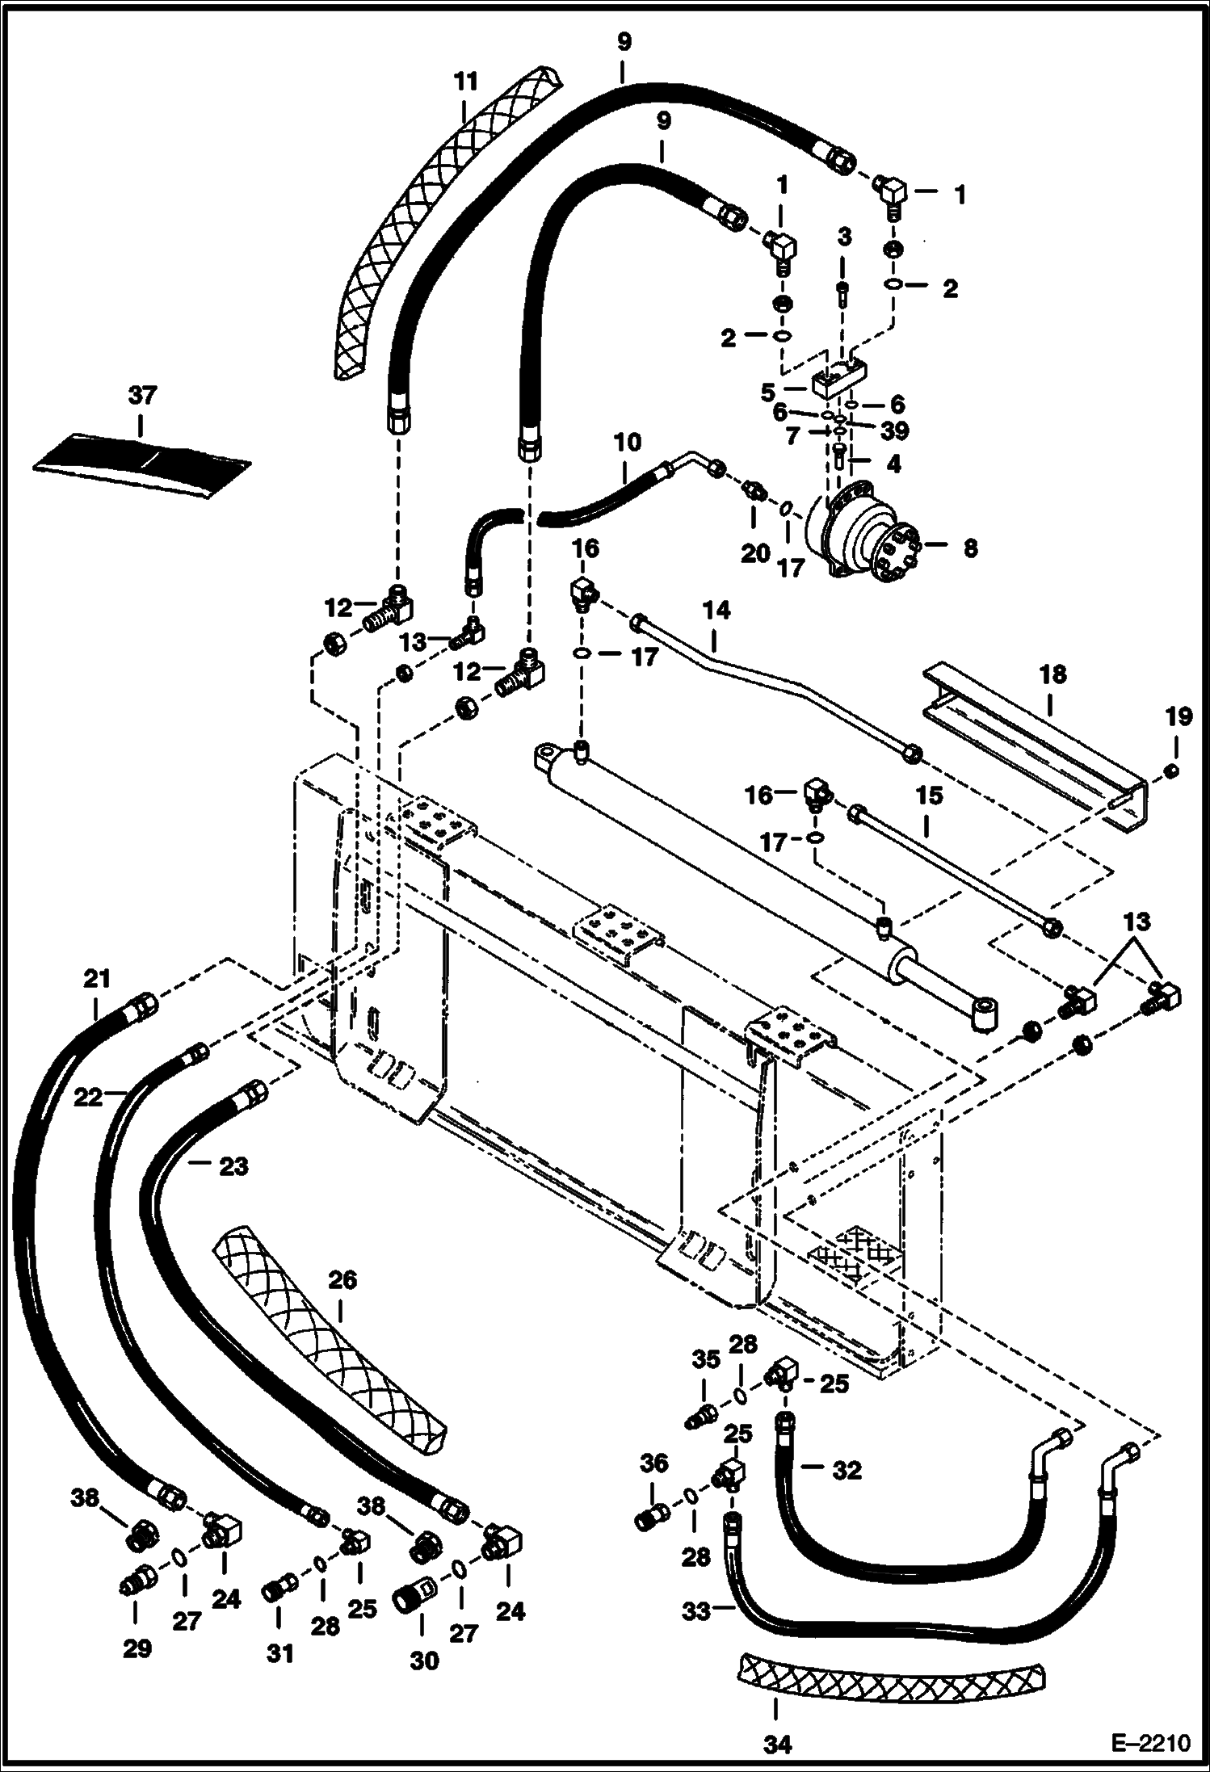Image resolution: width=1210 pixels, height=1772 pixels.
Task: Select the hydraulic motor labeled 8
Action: click(864, 533)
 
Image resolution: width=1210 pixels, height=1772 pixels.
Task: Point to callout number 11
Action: click(466, 82)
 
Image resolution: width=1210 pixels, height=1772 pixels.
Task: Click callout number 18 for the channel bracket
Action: click(1052, 674)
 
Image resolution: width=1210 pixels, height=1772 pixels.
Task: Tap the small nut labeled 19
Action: click(1171, 771)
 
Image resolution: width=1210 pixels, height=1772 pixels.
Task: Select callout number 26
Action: click(342, 1280)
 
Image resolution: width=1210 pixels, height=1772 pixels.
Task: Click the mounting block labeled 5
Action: click(840, 378)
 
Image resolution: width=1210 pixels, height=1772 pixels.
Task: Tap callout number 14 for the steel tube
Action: click(716, 611)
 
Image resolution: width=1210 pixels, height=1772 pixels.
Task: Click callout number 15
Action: click(929, 796)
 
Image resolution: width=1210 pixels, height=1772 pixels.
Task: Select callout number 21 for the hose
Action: click(96, 979)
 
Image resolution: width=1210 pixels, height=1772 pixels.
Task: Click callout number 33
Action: click(696, 1611)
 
